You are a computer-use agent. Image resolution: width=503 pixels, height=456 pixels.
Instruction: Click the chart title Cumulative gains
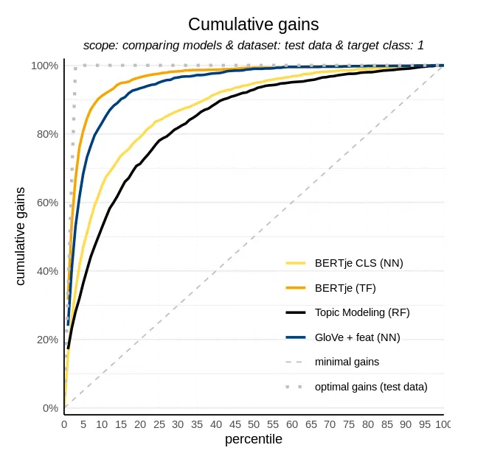pos(254,24)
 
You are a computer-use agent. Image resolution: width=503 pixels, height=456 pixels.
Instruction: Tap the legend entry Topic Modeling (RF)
pos(361,312)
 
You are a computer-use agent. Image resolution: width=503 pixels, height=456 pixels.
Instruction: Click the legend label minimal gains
pos(347,362)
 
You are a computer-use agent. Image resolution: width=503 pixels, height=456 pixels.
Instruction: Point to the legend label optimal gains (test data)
pos(370,386)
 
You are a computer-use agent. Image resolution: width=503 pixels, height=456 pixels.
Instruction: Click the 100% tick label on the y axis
pos(44,66)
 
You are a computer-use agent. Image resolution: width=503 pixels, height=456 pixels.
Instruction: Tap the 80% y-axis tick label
pos(46,134)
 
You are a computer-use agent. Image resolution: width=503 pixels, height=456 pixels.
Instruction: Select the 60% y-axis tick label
pos(46,203)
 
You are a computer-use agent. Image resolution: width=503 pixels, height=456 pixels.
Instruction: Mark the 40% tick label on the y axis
pos(46,271)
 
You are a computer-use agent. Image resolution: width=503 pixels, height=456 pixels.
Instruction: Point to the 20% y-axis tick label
pos(46,340)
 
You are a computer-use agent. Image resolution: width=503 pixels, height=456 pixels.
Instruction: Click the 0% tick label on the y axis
pos(49,408)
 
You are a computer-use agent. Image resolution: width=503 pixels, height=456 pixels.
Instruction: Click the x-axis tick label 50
pos(254,425)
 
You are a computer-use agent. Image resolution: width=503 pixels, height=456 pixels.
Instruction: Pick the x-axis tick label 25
pos(159,425)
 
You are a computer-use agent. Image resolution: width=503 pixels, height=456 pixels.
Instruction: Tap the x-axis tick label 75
pos(348,425)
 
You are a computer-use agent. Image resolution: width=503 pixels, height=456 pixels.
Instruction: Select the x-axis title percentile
pos(253,441)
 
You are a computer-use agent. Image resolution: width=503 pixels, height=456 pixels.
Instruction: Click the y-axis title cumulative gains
pos(21,236)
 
